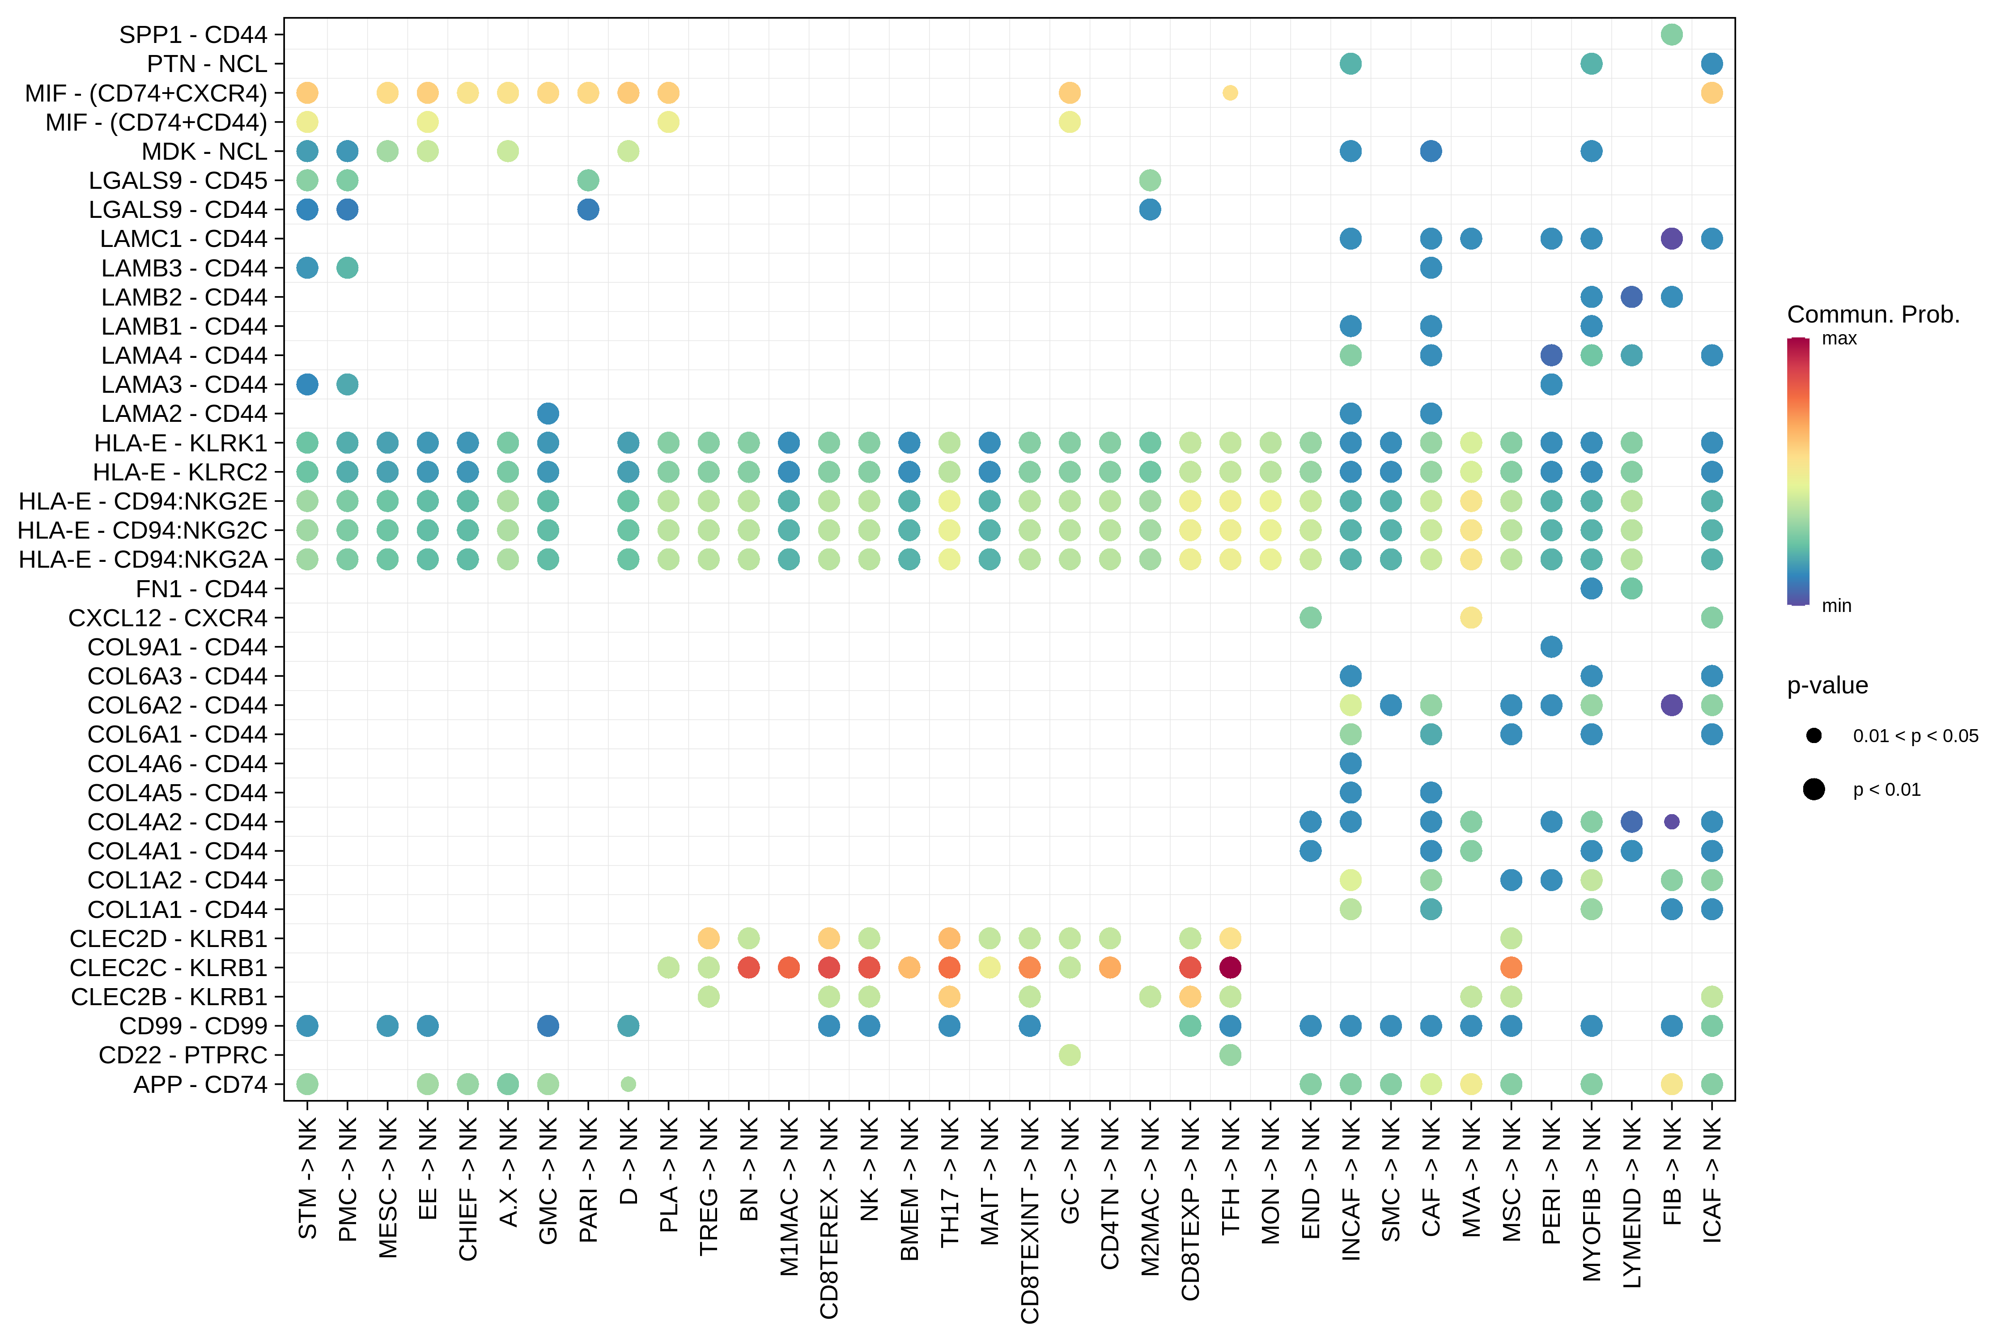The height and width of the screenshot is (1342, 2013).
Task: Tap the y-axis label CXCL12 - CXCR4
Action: click(x=168, y=618)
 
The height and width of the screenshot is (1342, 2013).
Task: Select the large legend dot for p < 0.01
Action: click(x=1813, y=789)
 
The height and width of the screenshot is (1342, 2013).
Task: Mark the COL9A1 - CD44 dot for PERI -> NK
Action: click(x=1551, y=647)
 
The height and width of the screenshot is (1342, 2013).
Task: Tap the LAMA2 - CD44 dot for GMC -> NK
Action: click(x=548, y=413)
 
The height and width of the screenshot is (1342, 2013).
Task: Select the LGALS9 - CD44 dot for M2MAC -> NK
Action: click(x=1150, y=210)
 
